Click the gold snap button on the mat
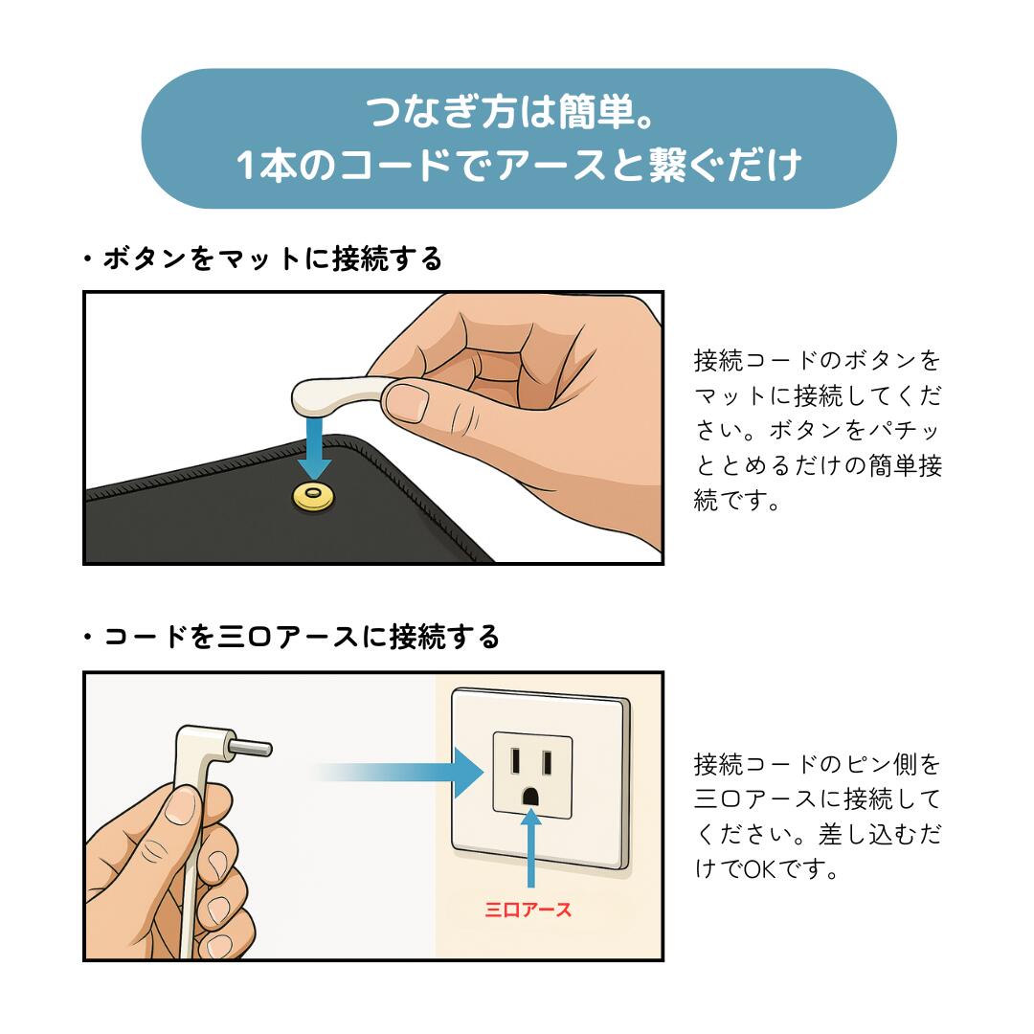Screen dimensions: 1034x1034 click(x=313, y=497)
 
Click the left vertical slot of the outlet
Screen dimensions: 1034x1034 click(x=516, y=761)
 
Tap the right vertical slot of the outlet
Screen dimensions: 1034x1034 click(x=547, y=762)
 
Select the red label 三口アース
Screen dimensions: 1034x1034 click(x=528, y=910)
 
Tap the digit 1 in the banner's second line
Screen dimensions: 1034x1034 click(x=245, y=165)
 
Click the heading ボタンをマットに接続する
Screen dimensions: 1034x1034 click(x=272, y=258)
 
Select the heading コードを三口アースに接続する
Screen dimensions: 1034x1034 click(x=301, y=637)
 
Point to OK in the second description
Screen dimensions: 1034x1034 click(x=760, y=869)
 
